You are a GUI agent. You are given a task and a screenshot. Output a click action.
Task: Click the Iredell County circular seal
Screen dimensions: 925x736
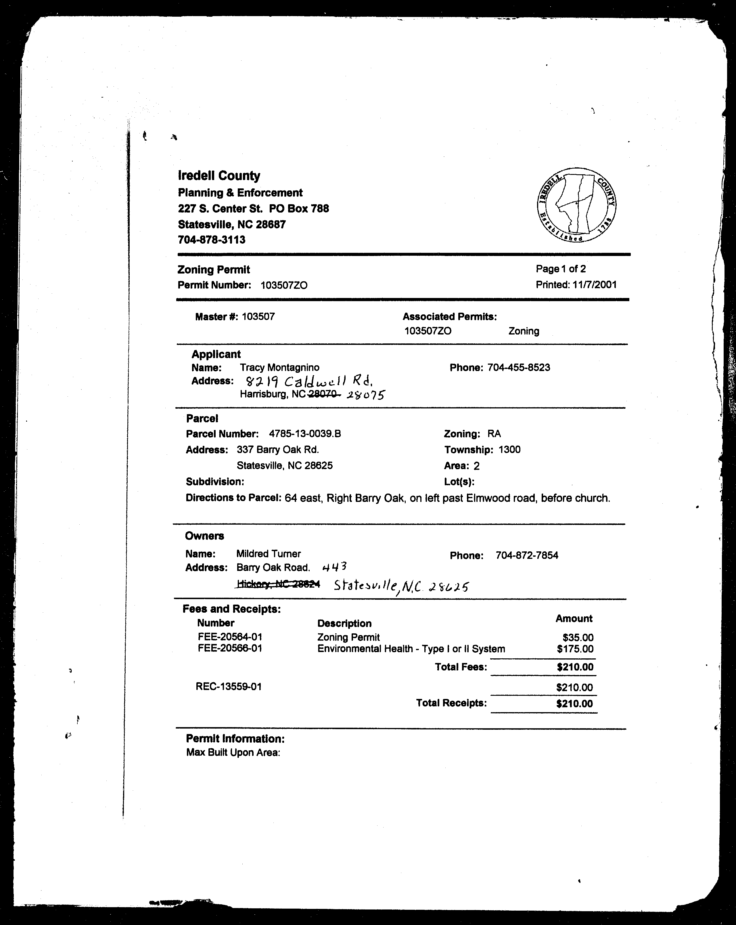coord(576,205)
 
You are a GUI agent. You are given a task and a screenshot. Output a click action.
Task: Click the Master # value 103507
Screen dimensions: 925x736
coord(258,317)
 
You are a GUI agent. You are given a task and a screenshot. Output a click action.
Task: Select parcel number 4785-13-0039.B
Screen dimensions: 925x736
coord(305,434)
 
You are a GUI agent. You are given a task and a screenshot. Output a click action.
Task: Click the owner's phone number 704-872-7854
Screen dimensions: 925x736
coord(527,555)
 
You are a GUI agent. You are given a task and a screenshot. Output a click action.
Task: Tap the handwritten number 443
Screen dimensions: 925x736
coord(334,567)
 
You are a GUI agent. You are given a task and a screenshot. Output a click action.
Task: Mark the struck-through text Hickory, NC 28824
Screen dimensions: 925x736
coord(278,584)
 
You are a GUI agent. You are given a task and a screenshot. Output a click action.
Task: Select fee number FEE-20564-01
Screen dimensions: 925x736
coord(230,637)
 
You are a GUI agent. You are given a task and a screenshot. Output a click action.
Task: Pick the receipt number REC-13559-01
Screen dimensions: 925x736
coord(229,687)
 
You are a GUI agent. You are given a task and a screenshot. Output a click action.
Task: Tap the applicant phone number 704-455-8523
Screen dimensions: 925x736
coord(519,368)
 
